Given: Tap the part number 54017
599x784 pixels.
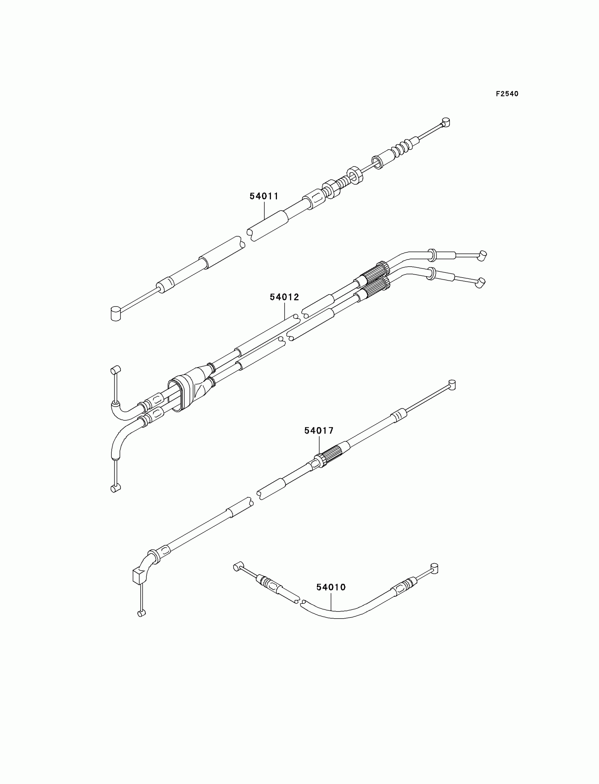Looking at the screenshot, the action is tap(319, 431).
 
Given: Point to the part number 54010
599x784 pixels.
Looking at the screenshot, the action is tap(331, 587).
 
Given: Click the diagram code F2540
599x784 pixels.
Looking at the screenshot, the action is tap(507, 94).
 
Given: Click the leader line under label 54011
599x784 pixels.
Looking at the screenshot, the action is tap(264, 211).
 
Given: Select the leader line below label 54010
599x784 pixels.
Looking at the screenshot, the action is tap(331, 601).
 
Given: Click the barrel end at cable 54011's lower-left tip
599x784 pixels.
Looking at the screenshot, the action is tap(116, 313).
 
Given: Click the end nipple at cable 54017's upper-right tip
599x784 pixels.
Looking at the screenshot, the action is tap(452, 385).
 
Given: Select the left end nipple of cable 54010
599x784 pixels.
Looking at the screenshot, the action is tap(237, 567).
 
